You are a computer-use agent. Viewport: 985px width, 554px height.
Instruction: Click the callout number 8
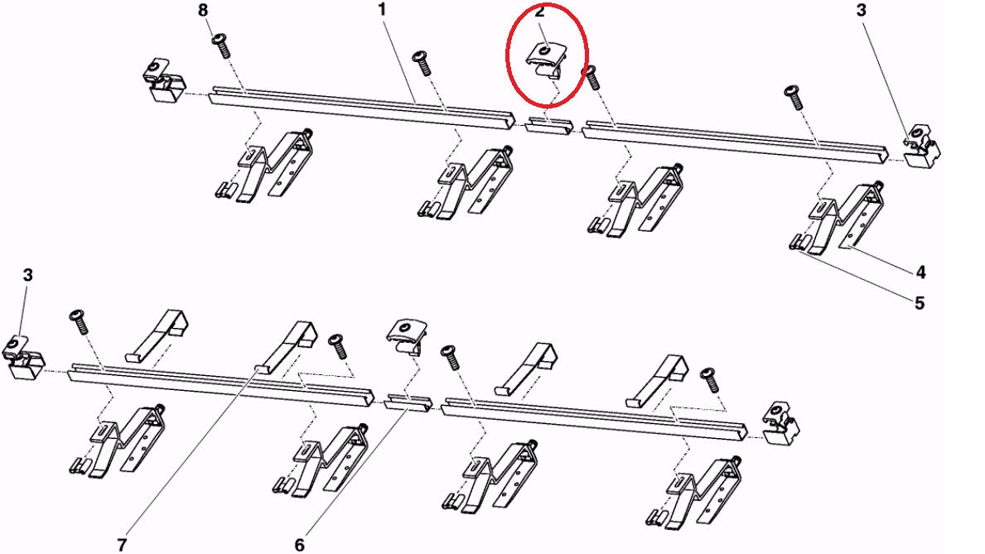click(202, 11)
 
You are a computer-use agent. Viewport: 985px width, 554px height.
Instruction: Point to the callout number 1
click(381, 9)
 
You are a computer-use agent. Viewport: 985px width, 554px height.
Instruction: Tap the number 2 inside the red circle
click(539, 12)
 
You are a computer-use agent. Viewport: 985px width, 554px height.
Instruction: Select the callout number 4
click(920, 272)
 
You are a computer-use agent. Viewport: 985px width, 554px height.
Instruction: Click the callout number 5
click(920, 303)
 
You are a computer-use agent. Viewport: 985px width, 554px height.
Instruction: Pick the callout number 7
click(122, 545)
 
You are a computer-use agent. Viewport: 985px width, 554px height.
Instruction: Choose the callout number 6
click(300, 545)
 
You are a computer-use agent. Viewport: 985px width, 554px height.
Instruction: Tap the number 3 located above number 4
click(862, 10)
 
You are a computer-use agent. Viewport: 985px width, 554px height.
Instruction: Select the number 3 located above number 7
click(27, 275)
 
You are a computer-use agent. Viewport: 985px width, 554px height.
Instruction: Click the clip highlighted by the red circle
click(545, 61)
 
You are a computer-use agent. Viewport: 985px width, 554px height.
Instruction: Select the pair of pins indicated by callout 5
click(797, 241)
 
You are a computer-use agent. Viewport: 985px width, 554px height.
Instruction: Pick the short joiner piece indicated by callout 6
click(408, 402)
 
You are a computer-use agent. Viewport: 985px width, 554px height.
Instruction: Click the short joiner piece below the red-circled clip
click(549, 124)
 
